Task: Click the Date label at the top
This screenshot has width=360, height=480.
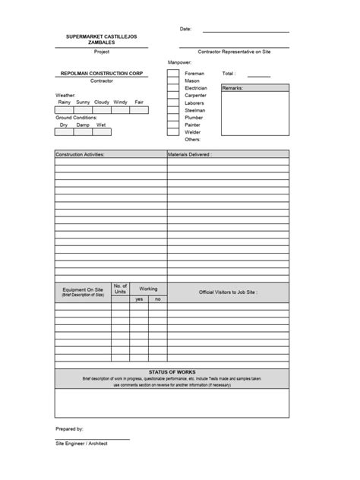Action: (185, 29)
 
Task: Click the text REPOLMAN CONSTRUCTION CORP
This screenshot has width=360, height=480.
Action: (102, 73)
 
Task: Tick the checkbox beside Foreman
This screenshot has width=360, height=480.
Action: (173, 74)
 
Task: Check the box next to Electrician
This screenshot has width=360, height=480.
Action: (173, 88)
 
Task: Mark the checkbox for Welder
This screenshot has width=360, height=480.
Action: (173, 132)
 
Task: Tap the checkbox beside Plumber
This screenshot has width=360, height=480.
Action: (173, 118)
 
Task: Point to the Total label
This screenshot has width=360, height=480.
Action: (229, 74)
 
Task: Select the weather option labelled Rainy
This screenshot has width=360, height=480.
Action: (64, 102)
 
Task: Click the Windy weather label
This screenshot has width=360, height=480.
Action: (120, 102)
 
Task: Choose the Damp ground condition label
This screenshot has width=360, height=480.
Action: (82, 124)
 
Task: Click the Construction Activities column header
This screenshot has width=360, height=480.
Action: (80, 153)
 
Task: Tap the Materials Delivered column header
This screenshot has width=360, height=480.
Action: (190, 153)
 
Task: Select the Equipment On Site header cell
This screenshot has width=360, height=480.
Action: (83, 292)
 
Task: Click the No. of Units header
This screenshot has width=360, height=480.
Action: (120, 289)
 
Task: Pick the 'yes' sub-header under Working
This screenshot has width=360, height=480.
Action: (139, 299)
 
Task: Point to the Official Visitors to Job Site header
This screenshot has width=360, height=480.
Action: (228, 292)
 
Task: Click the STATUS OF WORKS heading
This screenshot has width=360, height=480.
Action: (172, 371)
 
